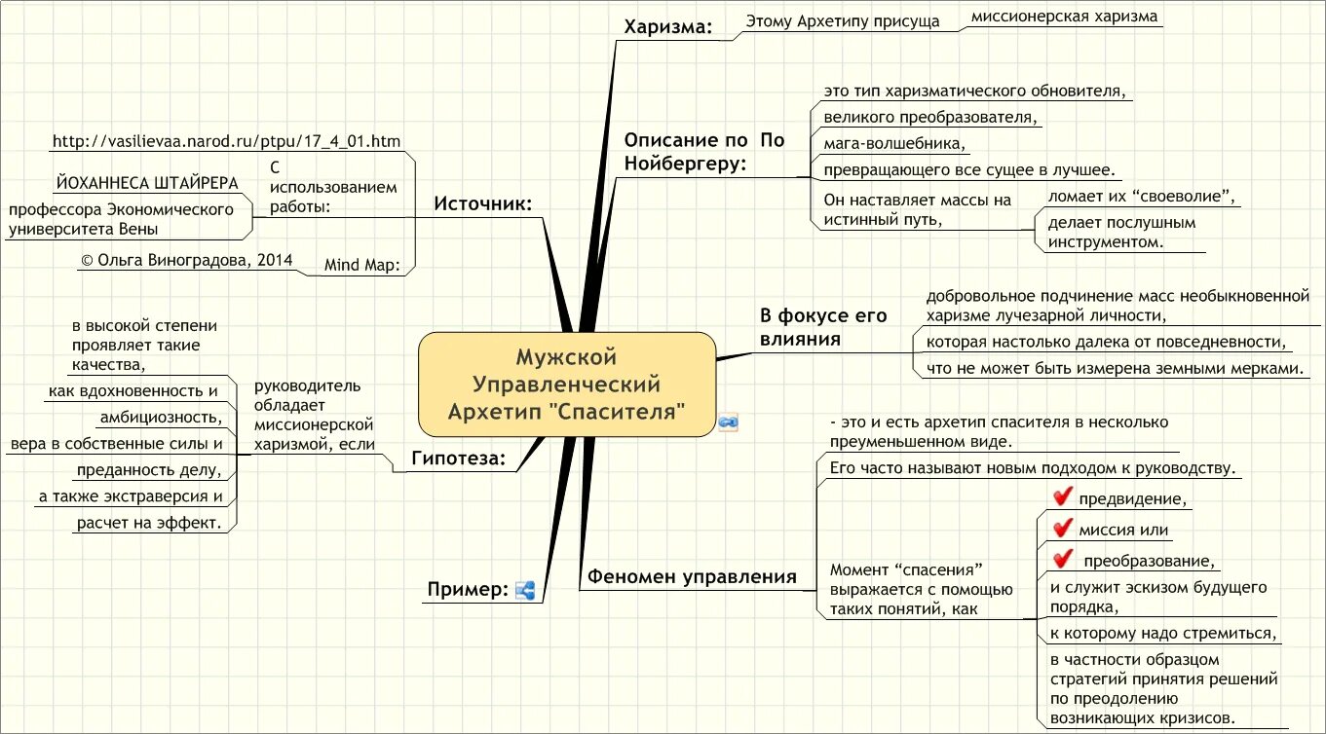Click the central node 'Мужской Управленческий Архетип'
point(566,384)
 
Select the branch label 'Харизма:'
point(667,28)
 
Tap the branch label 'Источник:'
point(482,203)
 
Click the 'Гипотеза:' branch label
point(458,459)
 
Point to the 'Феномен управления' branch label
point(691,577)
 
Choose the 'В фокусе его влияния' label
point(823,327)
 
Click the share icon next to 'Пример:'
point(525,590)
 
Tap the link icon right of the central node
point(728,422)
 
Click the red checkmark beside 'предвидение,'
point(1062,497)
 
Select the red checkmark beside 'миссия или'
point(1062,530)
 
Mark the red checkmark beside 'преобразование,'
point(1062,560)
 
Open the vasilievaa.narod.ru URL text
point(226,141)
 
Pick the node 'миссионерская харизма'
point(1063,17)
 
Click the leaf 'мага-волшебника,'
point(893,143)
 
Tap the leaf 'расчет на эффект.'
point(149,523)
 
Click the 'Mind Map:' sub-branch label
point(361,265)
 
